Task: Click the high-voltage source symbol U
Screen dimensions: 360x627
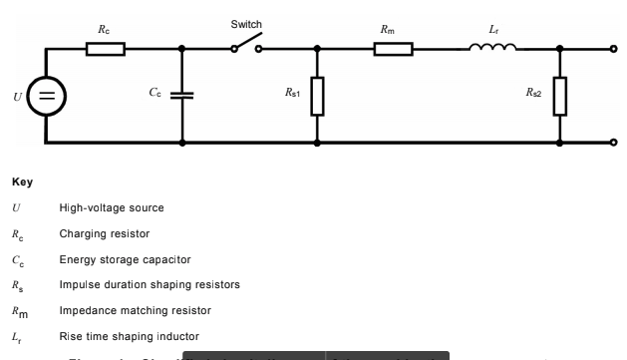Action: coord(46,96)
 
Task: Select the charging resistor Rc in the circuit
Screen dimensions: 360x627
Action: coord(105,48)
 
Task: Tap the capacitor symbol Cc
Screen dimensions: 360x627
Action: coord(182,96)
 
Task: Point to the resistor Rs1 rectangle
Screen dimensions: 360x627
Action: coord(317,96)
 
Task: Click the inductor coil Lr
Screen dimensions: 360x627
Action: coord(494,46)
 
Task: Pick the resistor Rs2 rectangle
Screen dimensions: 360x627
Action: coord(560,96)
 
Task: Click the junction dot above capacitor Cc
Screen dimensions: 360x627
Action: coord(182,48)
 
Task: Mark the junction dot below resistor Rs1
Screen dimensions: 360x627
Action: coord(317,143)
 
